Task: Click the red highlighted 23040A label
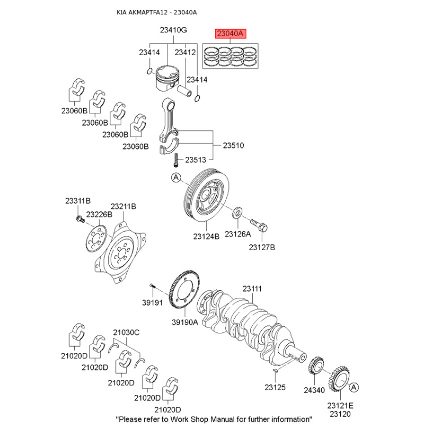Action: (231, 34)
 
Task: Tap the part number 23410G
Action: (173, 30)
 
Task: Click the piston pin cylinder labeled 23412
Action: (184, 91)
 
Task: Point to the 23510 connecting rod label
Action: (233, 145)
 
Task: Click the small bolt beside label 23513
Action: (176, 160)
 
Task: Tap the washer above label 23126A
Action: (237, 213)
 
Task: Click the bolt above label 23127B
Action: (259, 225)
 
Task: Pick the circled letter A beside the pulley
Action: (176, 178)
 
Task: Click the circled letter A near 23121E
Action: (354, 387)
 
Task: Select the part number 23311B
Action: (78, 201)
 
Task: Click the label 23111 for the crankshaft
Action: (252, 289)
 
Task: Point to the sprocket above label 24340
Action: (316, 366)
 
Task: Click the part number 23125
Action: (275, 387)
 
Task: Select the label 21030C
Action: (126, 332)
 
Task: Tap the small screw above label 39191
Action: (152, 285)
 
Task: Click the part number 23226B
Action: (99, 215)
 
